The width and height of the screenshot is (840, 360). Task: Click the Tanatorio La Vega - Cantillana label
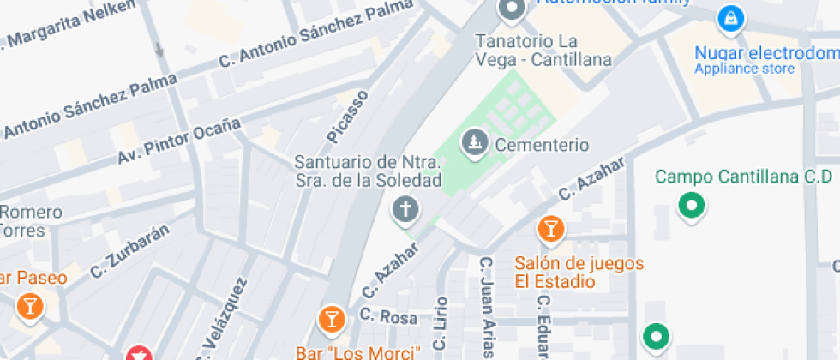pos(543,51)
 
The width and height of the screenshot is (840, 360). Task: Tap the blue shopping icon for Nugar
pos(729,16)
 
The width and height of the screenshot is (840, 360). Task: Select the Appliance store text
pos(744,69)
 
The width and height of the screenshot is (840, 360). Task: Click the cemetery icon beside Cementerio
pos(472,143)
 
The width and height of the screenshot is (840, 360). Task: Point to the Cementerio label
pos(542,145)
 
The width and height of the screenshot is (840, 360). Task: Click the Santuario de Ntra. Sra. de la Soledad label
pos(368,171)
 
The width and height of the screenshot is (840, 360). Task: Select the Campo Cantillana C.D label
pos(743,177)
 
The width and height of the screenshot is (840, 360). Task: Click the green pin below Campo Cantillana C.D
pos(691,206)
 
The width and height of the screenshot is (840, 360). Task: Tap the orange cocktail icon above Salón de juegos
pos(549,229)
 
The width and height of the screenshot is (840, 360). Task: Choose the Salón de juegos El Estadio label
pos(579,272)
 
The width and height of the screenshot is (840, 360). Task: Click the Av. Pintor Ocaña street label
pos(178,143)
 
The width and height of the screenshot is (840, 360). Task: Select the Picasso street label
pos(347,116)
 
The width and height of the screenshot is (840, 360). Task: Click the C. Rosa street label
pos(388,317)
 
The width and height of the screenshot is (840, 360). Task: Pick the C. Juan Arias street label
pos(487,307)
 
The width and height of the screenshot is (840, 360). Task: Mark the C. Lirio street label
pos(441,324)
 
